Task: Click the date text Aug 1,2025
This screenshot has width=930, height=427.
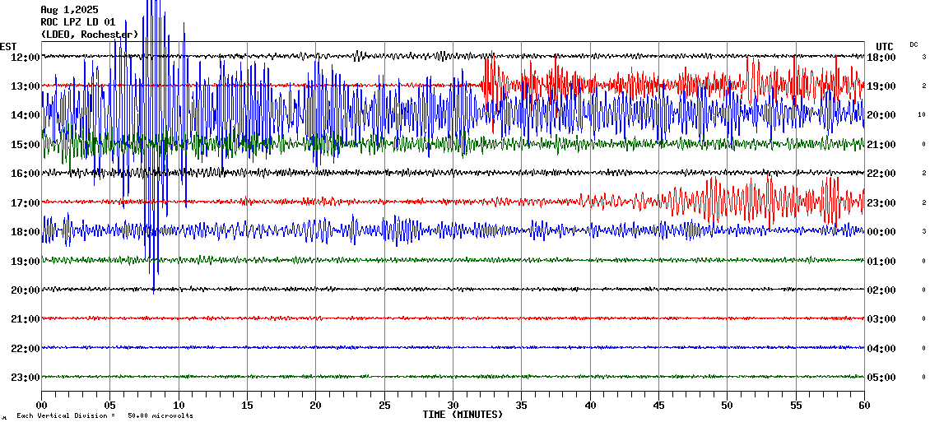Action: (x=69, y=10)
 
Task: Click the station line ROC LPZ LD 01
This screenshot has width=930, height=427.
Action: (x=77, y=22)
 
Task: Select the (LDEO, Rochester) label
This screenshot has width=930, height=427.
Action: (x=89, y=34)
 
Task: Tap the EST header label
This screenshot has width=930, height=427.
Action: (x=8, y=46)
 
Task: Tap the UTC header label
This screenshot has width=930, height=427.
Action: (x=885, y=46)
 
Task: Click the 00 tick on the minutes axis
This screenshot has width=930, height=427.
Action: (x=42, y=406)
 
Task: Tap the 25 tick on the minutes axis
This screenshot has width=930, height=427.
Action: (x=384, y=406)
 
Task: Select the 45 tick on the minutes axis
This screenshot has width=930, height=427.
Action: (x=658, y=406)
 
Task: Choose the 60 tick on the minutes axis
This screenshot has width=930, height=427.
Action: (x=863, y=406)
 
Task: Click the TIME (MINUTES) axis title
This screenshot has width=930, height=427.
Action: (x=463, y=415)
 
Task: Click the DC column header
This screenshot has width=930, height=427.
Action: (x=914, y=44)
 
